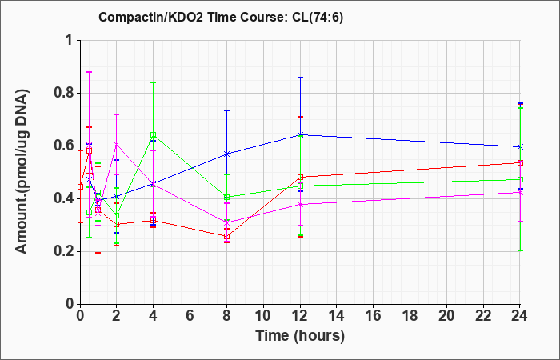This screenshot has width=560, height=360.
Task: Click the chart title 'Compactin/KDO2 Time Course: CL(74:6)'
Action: coord(221,17)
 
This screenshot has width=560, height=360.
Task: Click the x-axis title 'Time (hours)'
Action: coord(300,336)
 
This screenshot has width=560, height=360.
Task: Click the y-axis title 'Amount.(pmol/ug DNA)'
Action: coord(22,171)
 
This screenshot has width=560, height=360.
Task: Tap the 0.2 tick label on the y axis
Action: coord(63,252)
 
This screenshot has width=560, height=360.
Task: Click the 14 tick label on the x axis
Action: coord(337,316)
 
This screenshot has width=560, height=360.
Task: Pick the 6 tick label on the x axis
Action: coord(190,316)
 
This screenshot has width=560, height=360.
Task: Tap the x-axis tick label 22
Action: coord(483,316)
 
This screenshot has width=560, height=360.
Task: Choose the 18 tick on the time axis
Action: coord(410,316)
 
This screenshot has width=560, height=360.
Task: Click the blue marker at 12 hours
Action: coord(300,134)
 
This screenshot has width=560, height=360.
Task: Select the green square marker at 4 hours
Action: coord(154,135)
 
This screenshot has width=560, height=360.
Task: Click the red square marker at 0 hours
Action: coord(80,186)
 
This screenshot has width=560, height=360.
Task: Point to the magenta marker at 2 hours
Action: coord(117,144)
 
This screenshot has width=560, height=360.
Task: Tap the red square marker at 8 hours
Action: coord(226,237)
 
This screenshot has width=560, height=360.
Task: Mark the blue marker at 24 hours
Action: coord(520,146)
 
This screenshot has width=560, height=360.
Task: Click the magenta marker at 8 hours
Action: coord(226,223)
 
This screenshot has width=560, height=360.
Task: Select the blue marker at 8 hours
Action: coord(226,154)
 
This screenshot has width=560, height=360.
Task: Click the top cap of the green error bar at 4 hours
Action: coord(154,82)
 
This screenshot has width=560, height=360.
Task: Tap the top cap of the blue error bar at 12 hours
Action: coord(300,78)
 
